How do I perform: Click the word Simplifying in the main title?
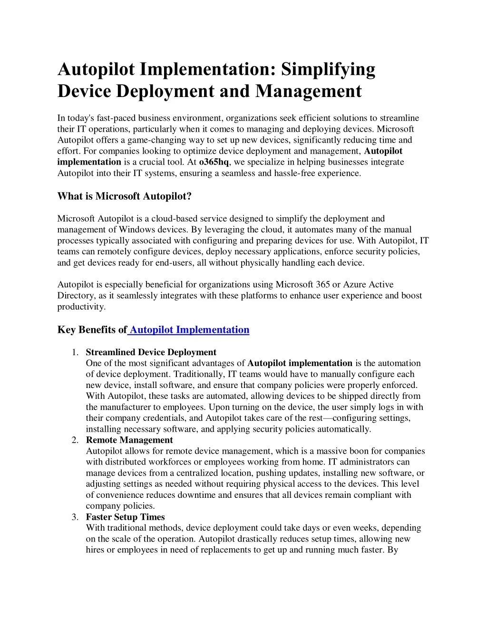pyautogui.click(x=328, y=69)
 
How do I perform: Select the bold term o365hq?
pyautogui.click(x=214, y=162)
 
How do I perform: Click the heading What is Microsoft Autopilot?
pyautogui.click(x=124, y=196)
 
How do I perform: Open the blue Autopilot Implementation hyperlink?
pyautogui.click(x=189, y=330)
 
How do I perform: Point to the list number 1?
pyautogui.click(x=75, y=352)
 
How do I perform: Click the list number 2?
pyautogui.click(x=75, y=440)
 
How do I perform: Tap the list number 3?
pyautogui.click(x=75, y=517)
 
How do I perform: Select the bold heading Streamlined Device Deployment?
pyautogui.click(x=151, y=352)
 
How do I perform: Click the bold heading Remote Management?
pyautogui.click(x=129, y=440)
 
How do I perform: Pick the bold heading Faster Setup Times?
pyautogui.click(x=125, y=517)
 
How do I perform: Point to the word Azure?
pyautogui.click(x=355, y=285)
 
